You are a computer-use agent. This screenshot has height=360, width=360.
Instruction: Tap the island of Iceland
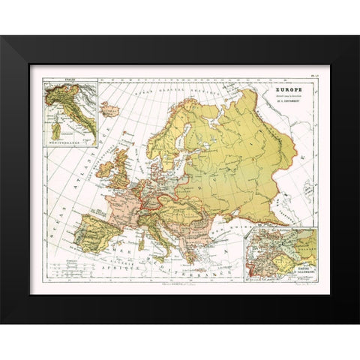coord(111,109)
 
